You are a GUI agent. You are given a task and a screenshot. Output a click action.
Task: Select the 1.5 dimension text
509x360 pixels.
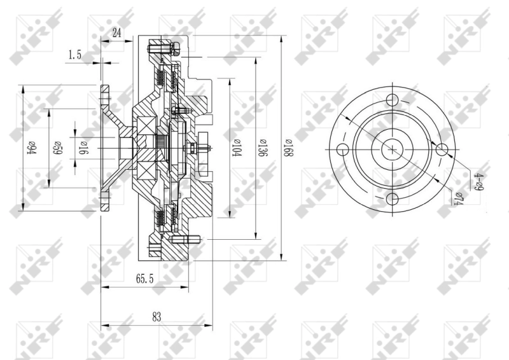click(x=74, y=55)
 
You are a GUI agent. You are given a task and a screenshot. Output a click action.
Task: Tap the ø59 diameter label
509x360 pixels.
click(x=56, y=148)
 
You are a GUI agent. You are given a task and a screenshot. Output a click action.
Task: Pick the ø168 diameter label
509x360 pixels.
click(x=290, y=148)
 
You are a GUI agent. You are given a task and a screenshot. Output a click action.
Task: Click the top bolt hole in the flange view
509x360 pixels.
click(x=393, y=100)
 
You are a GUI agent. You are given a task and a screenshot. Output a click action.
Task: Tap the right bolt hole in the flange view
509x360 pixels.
click(x=443, y=149)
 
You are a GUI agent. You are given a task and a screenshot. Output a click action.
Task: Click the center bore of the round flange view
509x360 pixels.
click(x=393, y=149)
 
